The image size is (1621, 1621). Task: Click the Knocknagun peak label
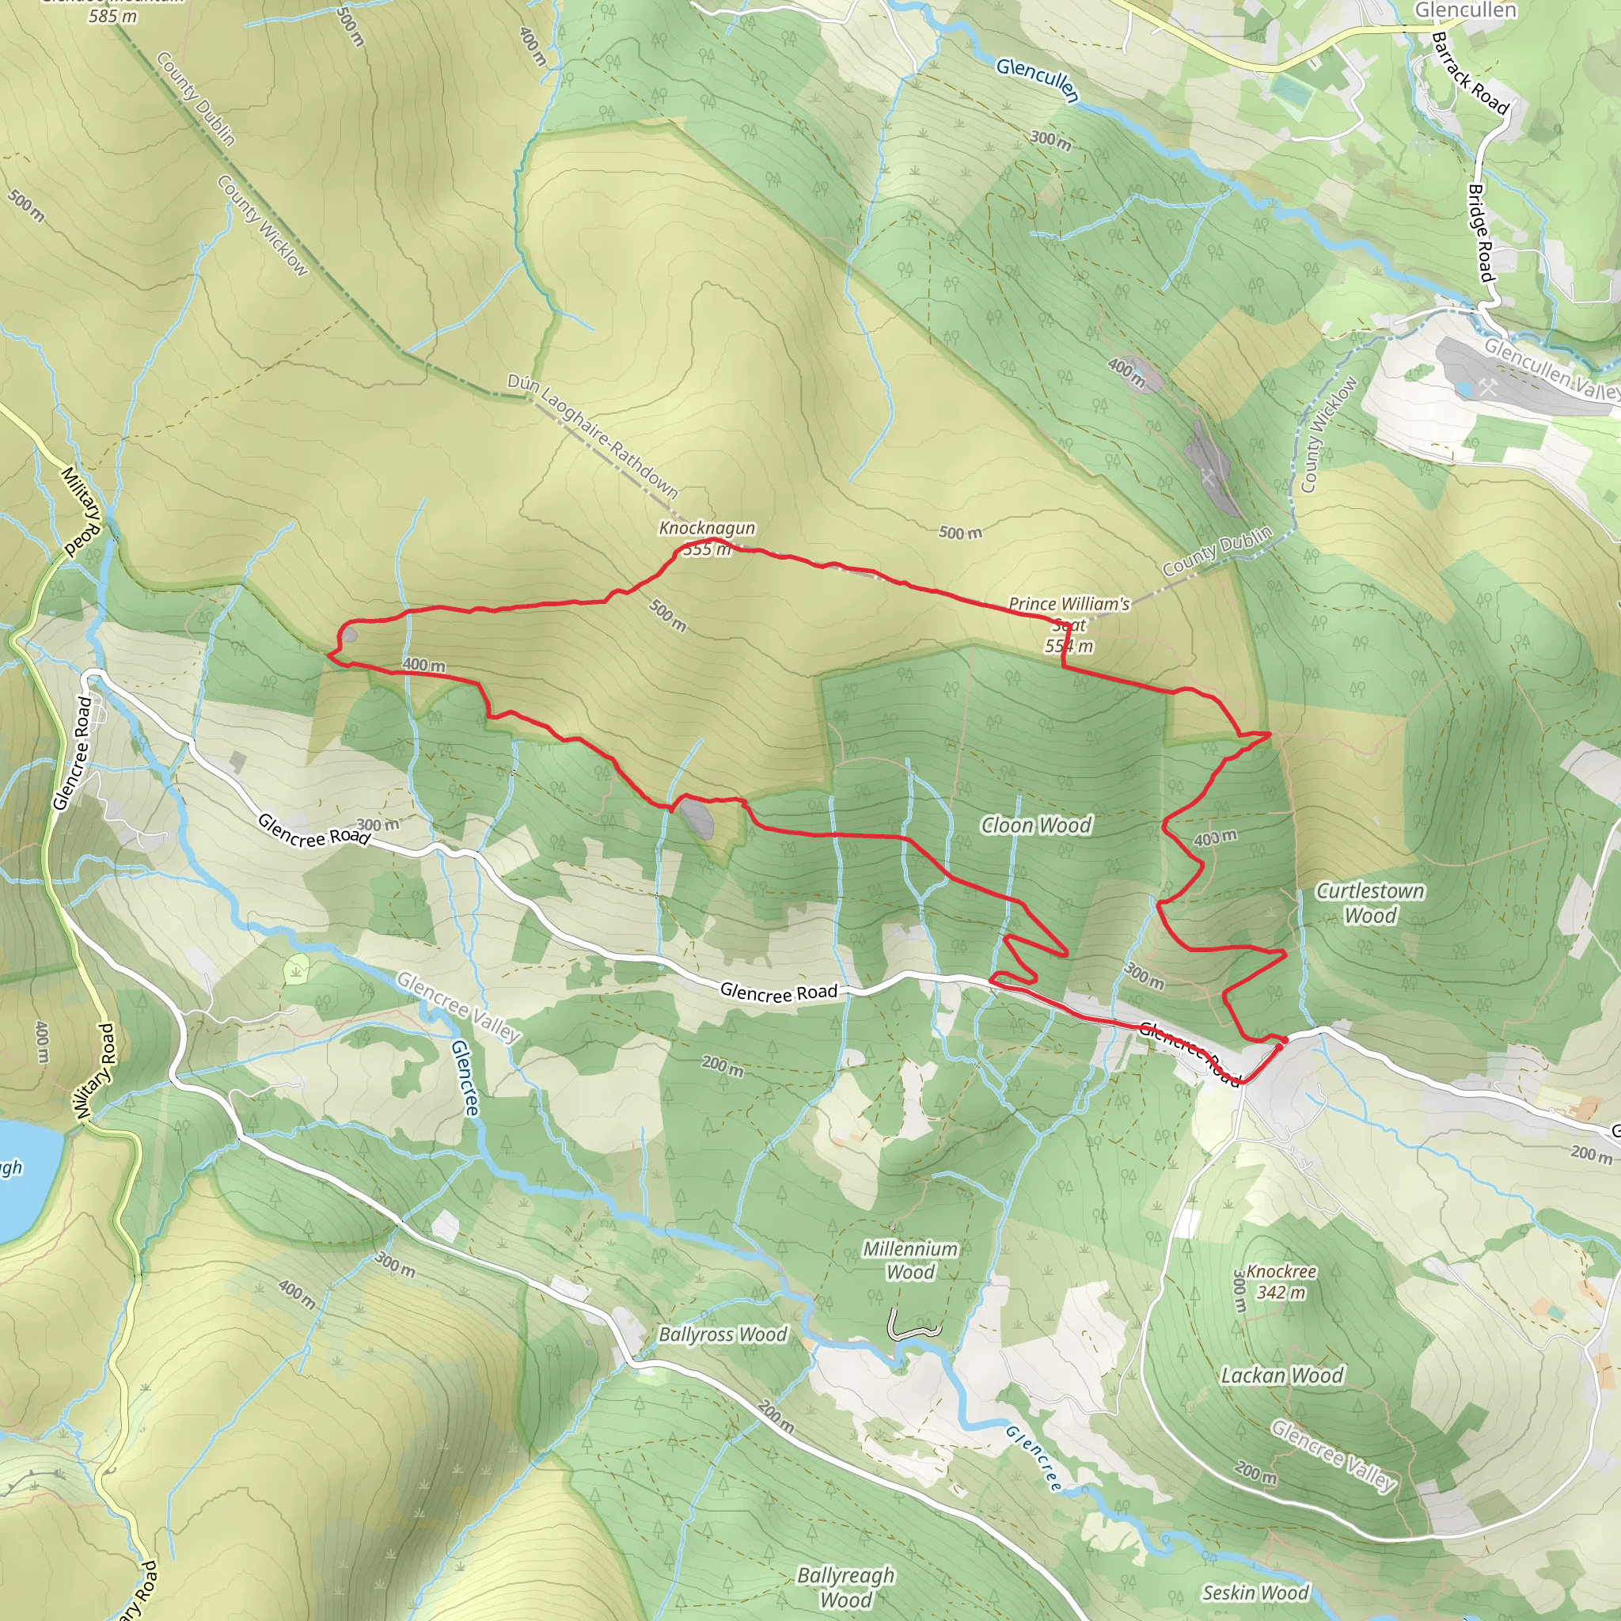pyautogui.click(x=707, y=528)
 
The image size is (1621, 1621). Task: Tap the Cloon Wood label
pyautogui.click(x=1035, y=826)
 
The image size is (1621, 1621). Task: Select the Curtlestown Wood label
pyautogui.click(x=1369, y=903)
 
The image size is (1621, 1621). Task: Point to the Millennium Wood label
pyautogui.click(x=910, y=1260)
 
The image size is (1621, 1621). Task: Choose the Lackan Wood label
pyautogui.click(x=1281, y=1375)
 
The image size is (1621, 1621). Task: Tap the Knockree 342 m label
pyautogui.click(x=1281, y=1281)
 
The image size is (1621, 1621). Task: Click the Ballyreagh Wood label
pyautogui.click(x=846, y=1588)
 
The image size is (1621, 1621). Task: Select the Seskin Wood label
pyautogui.click(x=1255, y=1593)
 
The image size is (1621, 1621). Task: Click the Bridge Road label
pyautogui.click(x=1481, y=233)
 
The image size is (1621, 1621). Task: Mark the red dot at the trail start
pyautogui.click(x=1284, y=1040)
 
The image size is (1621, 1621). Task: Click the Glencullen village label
pyautogui.click(x=1465, y=10)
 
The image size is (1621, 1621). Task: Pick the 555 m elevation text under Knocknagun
pyautogui.click(x=707, y=549)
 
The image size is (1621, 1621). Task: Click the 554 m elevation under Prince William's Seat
pyautogui.click(x=1068, y=646)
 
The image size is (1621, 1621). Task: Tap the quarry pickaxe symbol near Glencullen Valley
pyautogui.click(x=1487, y=387)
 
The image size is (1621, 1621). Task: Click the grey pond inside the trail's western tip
pyautogui.click(x=349, y=635)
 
